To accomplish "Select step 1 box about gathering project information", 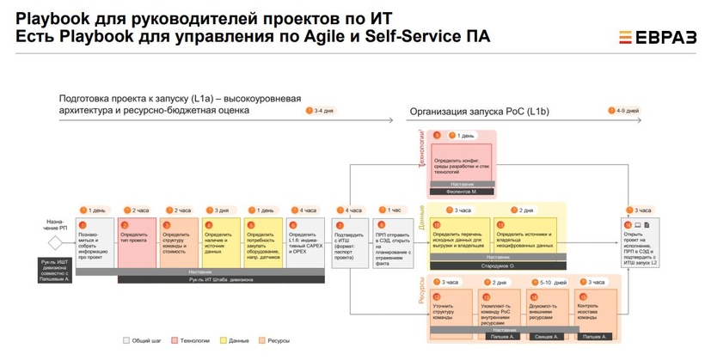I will (95, 243).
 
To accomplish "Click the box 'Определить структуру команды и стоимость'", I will (179, 243).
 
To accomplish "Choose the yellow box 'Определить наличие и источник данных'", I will (221, 243).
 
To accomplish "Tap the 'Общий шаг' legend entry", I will (143, 341).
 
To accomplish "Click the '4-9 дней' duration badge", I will (622, 111).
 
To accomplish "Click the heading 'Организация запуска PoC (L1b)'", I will (479, 112).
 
